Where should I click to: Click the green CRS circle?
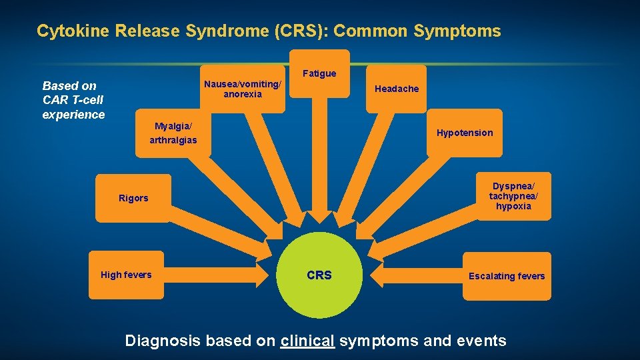pyautogui.click(x=319, y=275)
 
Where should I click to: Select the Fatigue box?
pyautogui.click(x=319, y=73)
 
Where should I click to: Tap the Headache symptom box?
pyautogui.click(x=397, y=89)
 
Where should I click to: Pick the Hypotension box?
pyautogui.click(x=465, y=133)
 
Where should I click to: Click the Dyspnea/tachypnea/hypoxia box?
pyautogui.click(x=513, y=197)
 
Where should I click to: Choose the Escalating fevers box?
pyautogui.click(x=507, y=276)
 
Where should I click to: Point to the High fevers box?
pyautogui.click(x=126, y=275)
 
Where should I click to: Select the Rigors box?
pyautogui.click(x=133, y=198)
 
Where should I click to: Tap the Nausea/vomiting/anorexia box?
pyautogui.click(x=243, y=89)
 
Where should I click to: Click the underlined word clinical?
pyautogui.click(x=307, y=341)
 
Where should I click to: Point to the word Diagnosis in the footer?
pyautogui.click(x=163, y=341)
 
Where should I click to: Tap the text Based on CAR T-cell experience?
pyautogui.click(x=73, y=100)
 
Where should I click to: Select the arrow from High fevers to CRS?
pyautogui.click(x=213, y=275)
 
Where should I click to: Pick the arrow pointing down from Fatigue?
pyautogui.click(x=320, y=167)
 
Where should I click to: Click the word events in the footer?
pyautogui.click(x=481, y=341)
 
